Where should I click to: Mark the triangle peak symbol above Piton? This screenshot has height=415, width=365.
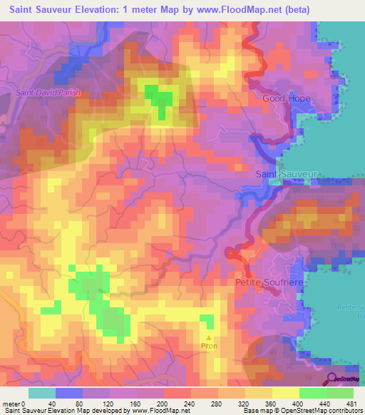(x=209, y=339)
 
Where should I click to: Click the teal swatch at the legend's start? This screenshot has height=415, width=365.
(x=42, y=393)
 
